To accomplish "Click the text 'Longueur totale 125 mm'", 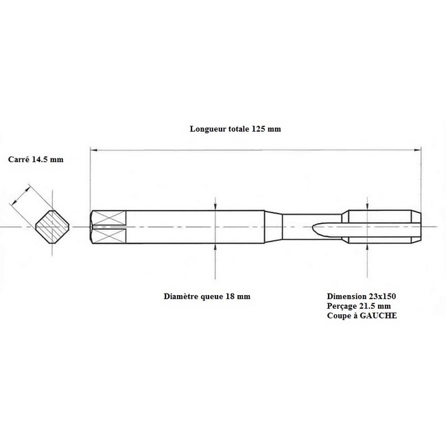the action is tap(235, 129).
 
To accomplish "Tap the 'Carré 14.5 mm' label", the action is tap(36, 159).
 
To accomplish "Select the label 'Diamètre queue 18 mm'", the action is tap(207, 296).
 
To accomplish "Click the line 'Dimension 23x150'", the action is tap(361, 296).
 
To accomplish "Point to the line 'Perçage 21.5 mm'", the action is tap(359, 306).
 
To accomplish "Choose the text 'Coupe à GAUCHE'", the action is tap(362, 316).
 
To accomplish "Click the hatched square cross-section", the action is tap(52, 226).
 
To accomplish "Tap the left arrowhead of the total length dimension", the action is tap(93, 150).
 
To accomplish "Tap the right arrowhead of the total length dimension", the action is tap(418, 150).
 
